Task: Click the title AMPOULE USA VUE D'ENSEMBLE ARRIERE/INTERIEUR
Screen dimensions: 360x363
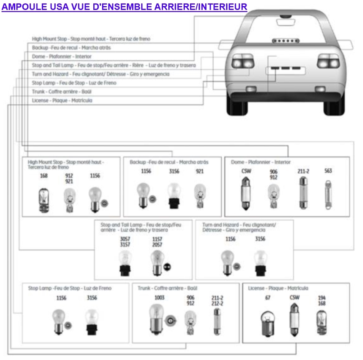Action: pyautogui.click(x=124, y=6)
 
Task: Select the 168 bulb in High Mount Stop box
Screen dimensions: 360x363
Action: pyautogui.click(x=44, y=198)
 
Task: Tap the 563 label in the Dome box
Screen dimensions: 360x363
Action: pyautogui.click(x=328, y=171)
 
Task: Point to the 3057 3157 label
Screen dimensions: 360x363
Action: pyautogui.click(x=125, y=242)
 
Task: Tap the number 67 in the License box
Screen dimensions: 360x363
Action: pyautogui.click(x=267, y=298)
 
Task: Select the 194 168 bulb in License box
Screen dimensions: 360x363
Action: pyautogui.click(x=321, y=322)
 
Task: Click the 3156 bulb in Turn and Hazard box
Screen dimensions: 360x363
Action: pyautogui.click(x=261, y=262)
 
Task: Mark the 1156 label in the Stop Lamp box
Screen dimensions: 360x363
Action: pyautogui.click(x=61, y=298)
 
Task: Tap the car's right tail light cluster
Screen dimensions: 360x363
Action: pyautogui.click(x=328, y=61)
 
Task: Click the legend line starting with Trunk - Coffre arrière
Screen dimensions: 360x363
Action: pyautogui.click(x=62, y=92)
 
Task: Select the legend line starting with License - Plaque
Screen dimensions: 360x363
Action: pyautogui.click(x=62, y=101)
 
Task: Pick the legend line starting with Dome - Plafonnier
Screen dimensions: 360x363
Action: pyautogui.click(x=62, y=57)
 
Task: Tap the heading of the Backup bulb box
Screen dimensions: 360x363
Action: pyautogui.click(x=169, y=162)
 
